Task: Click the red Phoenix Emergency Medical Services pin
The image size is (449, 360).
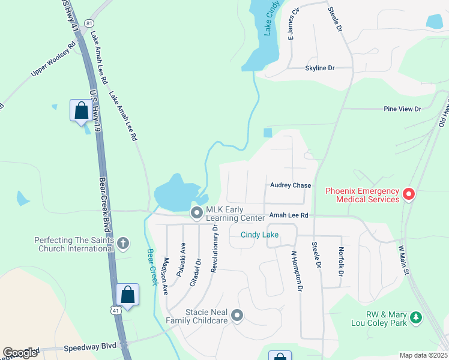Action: (409, 194)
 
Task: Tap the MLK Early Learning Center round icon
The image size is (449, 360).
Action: (196, 212)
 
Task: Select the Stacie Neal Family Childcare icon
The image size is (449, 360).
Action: (237, 315)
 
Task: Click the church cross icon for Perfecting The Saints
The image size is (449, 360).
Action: (123, 243)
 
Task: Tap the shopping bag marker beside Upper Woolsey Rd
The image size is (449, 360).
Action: (81, 111)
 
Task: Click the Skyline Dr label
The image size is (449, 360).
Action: (319, 68)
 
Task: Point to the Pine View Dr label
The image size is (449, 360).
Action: (402, 109)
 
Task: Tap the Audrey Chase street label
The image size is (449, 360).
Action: (291, 185)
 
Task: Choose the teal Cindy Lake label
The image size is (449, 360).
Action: (259, 235)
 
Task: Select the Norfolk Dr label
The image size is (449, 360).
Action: (340, 262)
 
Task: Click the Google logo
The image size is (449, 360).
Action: (20, 353)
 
